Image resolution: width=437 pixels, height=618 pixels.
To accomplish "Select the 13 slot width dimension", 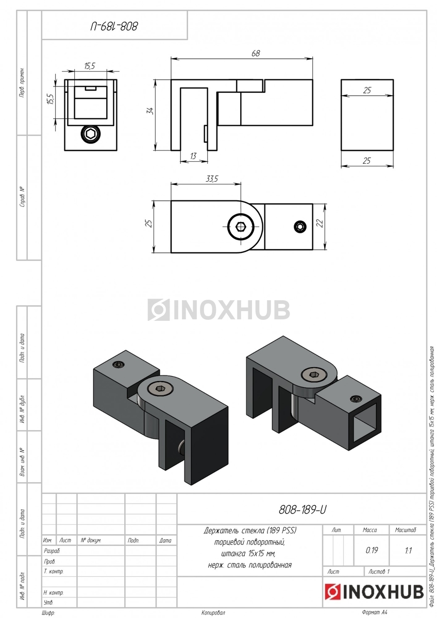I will click(x=193, y=156).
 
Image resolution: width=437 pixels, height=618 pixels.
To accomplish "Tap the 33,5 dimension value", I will click(x=212, y=179).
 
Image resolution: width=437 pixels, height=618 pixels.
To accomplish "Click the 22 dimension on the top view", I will click(x=320, y=222).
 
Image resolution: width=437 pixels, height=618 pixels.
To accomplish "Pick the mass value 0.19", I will click(x=372, y=550).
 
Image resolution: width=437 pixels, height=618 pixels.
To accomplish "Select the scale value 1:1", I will click(x=408, y=550).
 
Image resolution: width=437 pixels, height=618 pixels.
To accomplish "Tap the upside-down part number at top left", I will click(x=115, y=26).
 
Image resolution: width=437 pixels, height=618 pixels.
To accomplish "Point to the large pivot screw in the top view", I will click(x=241, y=227).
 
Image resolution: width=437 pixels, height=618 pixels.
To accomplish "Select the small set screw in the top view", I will click(x=300, y=227).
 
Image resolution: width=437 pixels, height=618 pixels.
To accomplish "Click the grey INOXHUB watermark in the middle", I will click(x=218, y=310).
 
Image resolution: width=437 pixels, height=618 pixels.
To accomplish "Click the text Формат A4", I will click(x=374, y=612).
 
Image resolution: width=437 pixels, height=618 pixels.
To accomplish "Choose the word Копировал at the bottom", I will click(x=213, y=613).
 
